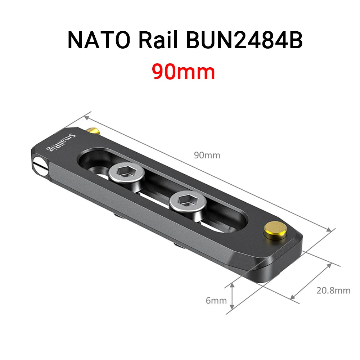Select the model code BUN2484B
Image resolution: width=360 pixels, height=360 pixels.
244,41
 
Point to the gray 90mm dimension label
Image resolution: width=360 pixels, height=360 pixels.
207,156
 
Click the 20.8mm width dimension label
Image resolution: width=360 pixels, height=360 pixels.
333,290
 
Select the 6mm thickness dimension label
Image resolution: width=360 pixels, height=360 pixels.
216,300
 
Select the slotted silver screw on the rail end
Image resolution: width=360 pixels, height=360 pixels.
40,166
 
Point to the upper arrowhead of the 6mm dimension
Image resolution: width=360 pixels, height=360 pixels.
233,284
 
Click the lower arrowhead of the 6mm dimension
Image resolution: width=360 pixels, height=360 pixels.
233,306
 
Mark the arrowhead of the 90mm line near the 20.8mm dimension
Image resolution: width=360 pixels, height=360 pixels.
328,230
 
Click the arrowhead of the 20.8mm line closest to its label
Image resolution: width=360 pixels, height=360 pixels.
329,266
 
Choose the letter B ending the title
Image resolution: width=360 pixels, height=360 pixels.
295,41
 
